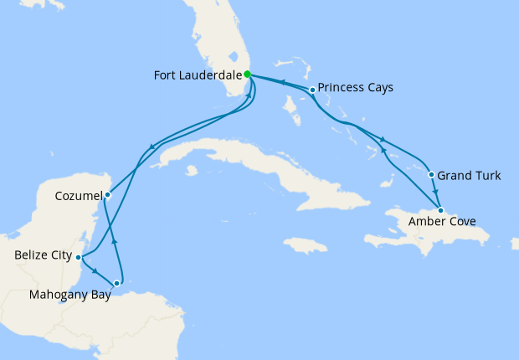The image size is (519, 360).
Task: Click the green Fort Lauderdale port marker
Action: click(x=247, y=74)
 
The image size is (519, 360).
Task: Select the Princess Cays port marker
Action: click(x=312, y=90)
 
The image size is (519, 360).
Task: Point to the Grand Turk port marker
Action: click(x=431, y=175)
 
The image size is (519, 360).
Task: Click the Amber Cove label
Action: click(x=442, y=222)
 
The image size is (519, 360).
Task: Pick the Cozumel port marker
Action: click(x=107, y=194)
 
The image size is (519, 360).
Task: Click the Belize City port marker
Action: click(x=78, y=257)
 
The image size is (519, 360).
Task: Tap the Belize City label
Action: click(x=42, y=255)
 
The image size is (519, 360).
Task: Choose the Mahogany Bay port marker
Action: click(x=116, y=284)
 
